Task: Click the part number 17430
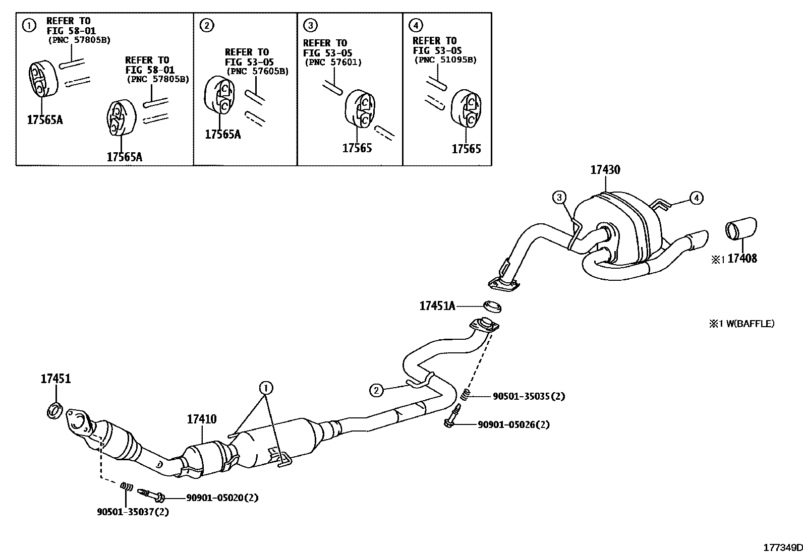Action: (x=605, y=170)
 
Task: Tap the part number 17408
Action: (x=742, y=259)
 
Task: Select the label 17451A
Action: (x=437, y=305)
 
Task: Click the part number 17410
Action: (x=202, y=419)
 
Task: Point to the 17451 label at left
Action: (x=55, y=379)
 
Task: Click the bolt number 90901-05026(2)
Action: (x=513, y=424)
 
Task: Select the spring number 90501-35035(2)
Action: (x=529, y=396)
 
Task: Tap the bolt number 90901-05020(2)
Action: (x=222, y=498)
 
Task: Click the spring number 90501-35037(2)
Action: (x=133, y=512)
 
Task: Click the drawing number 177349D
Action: (x=782, y=547)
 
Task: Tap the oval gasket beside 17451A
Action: (x=492, y=305)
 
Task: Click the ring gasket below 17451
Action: (x=54, y=410)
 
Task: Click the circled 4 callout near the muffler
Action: (x=696, y=198)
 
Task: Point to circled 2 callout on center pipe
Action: (x=376, y=389)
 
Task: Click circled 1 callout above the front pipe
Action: (x=266, y=388)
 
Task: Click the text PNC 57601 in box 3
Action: (x=333, y=63)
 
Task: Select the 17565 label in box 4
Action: (x=466, y=149)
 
